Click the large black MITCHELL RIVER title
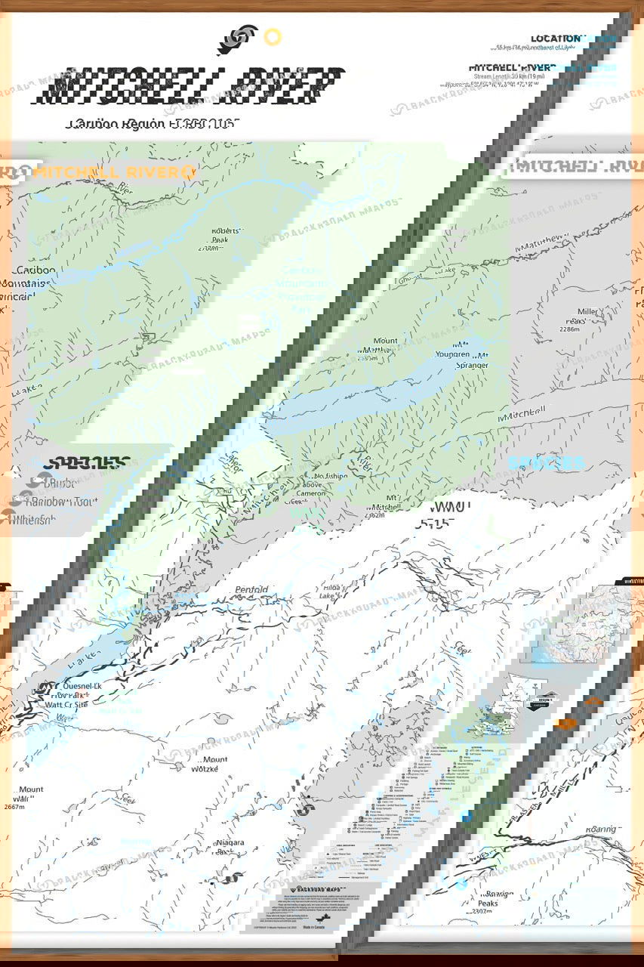[193, 87]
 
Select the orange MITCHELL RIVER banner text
[109, 172]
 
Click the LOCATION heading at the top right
[556, 39]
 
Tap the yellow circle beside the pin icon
[273, 36]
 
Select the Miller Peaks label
[587, 317]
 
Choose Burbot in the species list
[63, 483]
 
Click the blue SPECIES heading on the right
[546, 462]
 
